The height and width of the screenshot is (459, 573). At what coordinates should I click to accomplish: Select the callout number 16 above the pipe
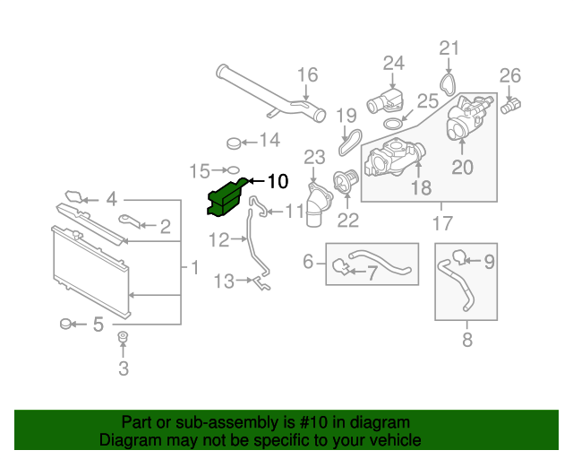(307, 75)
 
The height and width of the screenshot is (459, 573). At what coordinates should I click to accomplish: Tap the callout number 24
(394, 63)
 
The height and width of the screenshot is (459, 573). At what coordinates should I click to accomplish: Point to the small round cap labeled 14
(235, 141)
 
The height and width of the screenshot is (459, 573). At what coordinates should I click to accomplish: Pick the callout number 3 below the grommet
(124, 368)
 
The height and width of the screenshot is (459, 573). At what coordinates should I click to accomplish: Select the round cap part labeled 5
(66, 324)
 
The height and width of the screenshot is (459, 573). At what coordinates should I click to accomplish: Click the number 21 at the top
(449, 48)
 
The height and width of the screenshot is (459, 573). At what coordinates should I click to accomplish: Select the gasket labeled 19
(348, 140)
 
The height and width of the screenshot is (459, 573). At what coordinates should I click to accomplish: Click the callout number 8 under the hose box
(466, 340)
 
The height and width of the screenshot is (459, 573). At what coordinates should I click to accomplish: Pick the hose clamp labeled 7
(340, 265)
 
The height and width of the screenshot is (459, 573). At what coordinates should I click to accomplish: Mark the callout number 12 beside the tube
(219, 239)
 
